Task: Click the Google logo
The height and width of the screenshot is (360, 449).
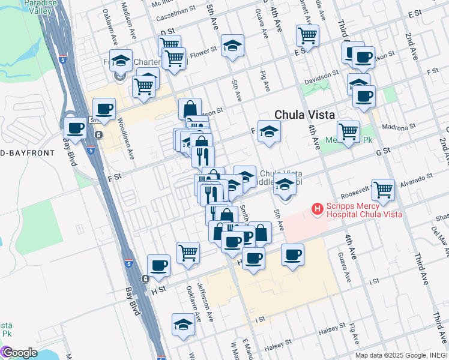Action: [x=19, y=353]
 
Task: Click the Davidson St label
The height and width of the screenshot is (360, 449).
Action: [x=318, y=77]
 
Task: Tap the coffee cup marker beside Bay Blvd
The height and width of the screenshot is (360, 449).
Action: [x=76, y=128]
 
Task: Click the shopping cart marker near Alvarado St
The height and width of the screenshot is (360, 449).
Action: [x=383, y=189]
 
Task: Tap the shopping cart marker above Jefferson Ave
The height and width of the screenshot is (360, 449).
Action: [x=188, y=252]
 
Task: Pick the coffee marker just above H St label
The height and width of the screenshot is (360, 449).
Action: [x=159, y=265]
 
